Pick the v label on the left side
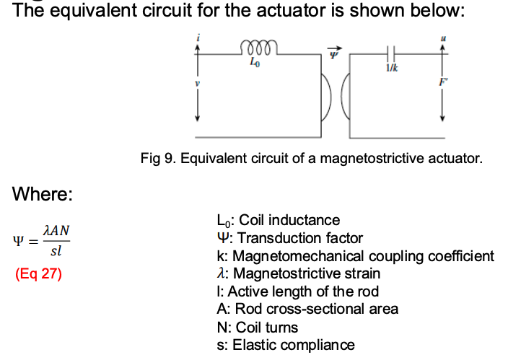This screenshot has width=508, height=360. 195,85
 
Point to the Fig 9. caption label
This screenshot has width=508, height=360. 159,158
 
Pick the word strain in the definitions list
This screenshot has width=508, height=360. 364,273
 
